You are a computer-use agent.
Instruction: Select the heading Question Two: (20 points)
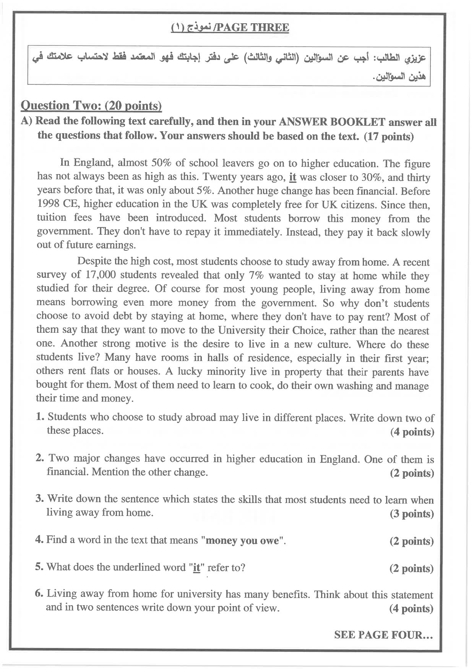[x=91, y=105]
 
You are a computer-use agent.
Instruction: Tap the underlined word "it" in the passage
[x=293, y=177]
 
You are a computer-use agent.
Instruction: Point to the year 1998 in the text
[x=48, y=203]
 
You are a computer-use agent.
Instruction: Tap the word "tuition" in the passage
[x=51, y=218]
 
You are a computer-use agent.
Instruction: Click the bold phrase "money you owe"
[x=242, y=541]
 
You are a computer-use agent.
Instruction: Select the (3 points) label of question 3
[x=412, y=514]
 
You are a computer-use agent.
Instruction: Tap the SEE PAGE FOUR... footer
[x=383, y=635]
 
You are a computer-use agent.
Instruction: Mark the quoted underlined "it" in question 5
[x=196, y=568]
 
